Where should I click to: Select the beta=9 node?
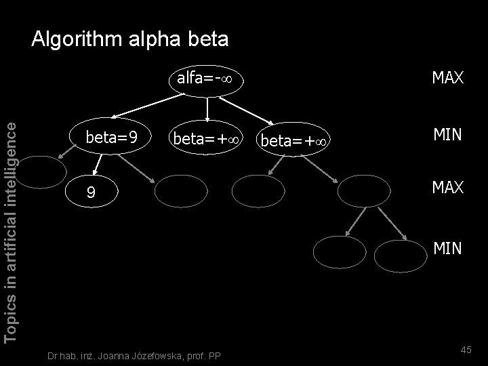112,138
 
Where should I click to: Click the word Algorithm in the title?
75,39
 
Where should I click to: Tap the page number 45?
466,349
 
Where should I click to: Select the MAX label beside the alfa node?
447,78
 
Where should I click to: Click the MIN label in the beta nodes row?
447,135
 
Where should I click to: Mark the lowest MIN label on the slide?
447,250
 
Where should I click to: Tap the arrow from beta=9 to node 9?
97,163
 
